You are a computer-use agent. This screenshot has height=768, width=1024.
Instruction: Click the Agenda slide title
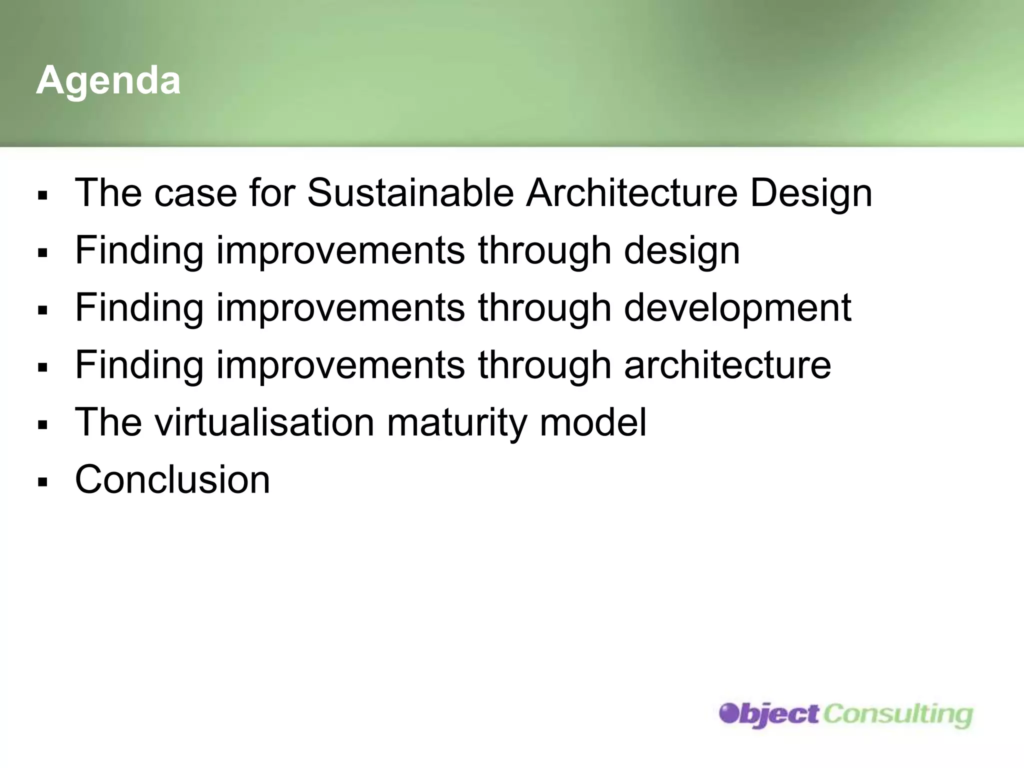[x=108, y=80]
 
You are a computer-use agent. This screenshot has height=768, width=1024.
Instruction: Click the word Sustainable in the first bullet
[x=410, y=193]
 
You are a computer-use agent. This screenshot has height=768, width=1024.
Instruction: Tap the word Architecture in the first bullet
[x=631, y=193]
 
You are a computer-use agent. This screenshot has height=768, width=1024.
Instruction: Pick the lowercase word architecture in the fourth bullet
[x=727, y=365]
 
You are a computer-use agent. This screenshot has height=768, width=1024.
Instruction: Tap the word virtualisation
[x=264, y=422]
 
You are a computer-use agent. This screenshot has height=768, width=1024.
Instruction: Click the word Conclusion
[x=172, y=479]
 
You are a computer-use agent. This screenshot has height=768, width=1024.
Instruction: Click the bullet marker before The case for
[x=42, y=195]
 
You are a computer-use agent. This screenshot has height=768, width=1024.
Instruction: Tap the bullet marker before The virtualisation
[x=42, y=425]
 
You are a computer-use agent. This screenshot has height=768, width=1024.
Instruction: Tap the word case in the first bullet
[x=195, y=194]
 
